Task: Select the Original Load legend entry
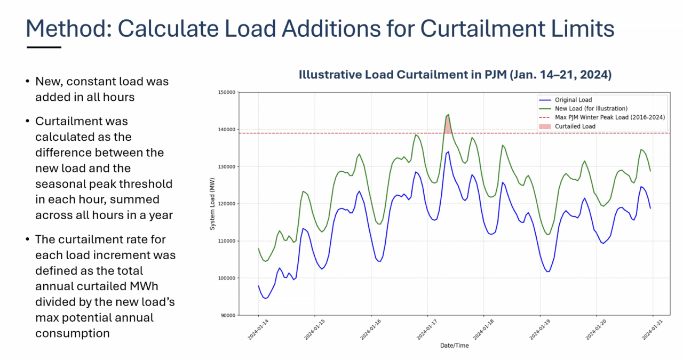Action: (573, 100)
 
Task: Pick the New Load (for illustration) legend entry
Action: (591, 108)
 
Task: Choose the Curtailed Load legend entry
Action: (575, 126)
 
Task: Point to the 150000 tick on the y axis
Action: (226, 92)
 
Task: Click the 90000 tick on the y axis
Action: (228, 315)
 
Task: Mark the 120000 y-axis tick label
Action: (226, 204)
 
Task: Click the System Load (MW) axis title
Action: (212, 204)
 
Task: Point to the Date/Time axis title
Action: (455, 346)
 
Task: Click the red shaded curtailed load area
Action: (448, 126)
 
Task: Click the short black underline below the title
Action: (44, 47)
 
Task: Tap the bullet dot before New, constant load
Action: (27, 82)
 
